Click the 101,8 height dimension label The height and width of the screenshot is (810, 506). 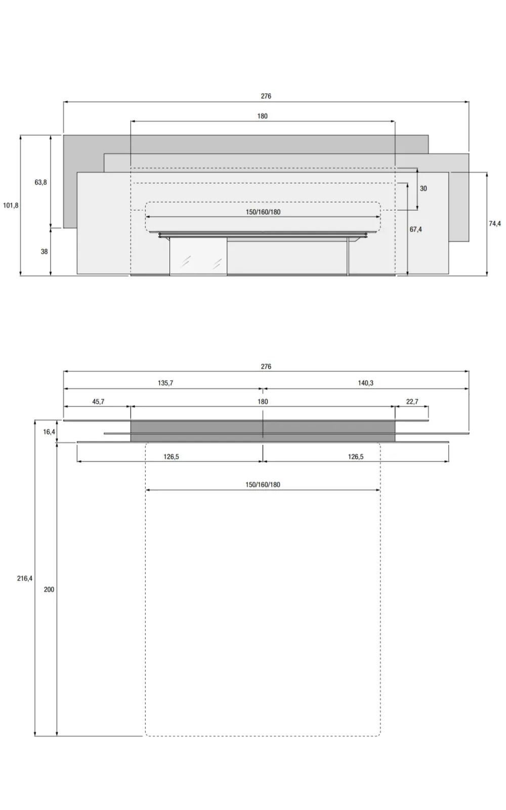point(11,206)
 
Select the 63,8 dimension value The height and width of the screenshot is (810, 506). point(40,182)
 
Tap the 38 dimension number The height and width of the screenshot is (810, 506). point(44,252)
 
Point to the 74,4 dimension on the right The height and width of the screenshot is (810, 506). point(495,223)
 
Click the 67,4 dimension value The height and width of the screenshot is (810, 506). point(415,229)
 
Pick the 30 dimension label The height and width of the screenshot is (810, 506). point(423,188)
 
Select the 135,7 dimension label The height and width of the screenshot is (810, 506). point(165,383)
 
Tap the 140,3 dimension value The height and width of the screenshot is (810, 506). point(365,383)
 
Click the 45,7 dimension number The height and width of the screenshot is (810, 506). point(98,401)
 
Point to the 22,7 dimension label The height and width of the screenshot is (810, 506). point(412,401)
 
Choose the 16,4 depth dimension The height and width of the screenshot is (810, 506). point(49,432)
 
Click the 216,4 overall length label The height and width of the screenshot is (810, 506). point(24,578)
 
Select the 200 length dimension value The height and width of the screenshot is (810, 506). point(49,589)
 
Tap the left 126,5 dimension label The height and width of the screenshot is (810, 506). point(171,457)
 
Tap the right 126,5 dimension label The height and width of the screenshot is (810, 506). point(355,457)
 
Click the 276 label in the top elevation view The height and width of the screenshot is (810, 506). point(266,96)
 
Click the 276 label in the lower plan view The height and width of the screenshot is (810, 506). point(266,367)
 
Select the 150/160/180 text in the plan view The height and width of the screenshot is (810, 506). point(263,484)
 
